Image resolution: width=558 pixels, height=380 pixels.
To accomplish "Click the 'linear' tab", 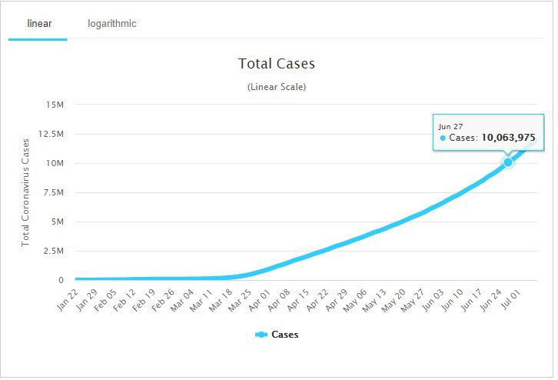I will pos(38,24).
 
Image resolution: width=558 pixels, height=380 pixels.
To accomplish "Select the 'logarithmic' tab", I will pos(112,24).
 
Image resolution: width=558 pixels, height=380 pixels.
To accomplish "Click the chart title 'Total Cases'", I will pos(277,64).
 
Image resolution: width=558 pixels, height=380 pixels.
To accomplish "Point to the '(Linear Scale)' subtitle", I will pos(277,87).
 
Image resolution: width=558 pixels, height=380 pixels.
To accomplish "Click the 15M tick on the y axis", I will pos(55,105).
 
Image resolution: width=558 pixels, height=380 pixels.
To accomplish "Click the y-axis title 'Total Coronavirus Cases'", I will pos(25,192).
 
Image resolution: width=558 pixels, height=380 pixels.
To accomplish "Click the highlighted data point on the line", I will pos(508,162).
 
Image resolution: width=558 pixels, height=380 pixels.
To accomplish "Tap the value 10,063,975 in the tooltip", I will pos(508,138).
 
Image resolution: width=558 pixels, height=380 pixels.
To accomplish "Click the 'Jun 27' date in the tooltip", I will pos(451,125).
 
